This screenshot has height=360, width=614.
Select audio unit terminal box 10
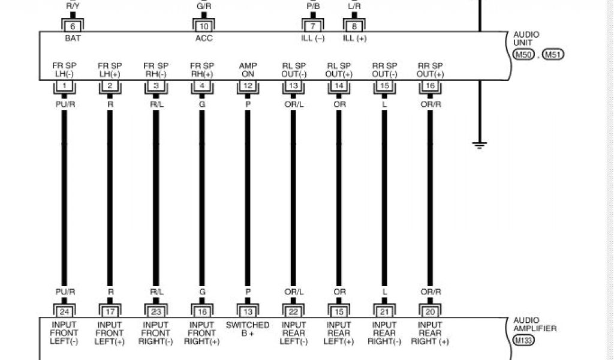point(203,26)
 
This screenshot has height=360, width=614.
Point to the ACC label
point(203,38)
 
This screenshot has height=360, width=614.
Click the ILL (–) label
point(312,38)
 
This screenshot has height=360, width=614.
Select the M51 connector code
point(553,55)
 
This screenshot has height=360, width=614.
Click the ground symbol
point(480,145)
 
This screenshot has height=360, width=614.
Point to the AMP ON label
point(248,69)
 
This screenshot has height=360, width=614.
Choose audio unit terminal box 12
point(248,86)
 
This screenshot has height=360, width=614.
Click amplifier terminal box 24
point(64,311)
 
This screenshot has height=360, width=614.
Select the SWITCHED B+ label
point(248,329)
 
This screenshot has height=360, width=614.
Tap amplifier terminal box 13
point(248,311)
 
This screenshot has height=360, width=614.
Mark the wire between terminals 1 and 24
point(64,198)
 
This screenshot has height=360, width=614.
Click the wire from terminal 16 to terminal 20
point(430,198)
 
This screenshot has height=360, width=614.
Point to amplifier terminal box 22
point(293,311)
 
